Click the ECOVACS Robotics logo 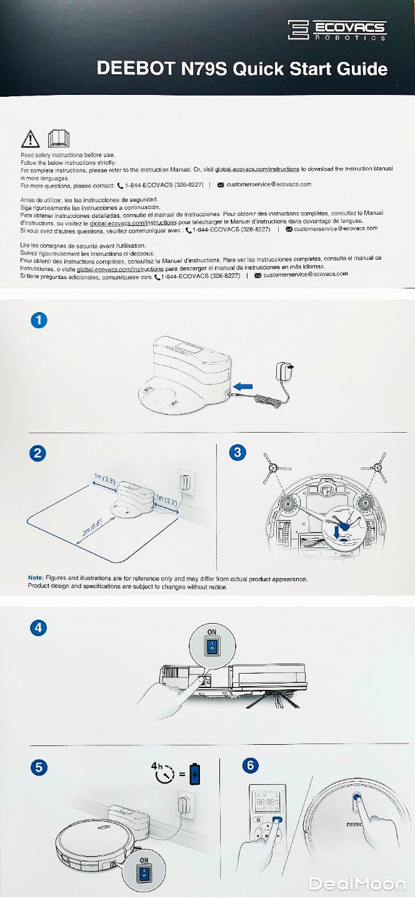[337, 30]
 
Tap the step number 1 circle [39, 320]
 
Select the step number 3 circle [237, 452]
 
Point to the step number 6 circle [250, 765]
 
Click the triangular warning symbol [30, 139]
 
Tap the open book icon [59, 139]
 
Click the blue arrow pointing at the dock [243, 386]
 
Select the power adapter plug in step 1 [284, 371]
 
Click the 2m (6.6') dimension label [92, 528]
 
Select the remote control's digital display [266, 803]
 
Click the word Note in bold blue [36, 577]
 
